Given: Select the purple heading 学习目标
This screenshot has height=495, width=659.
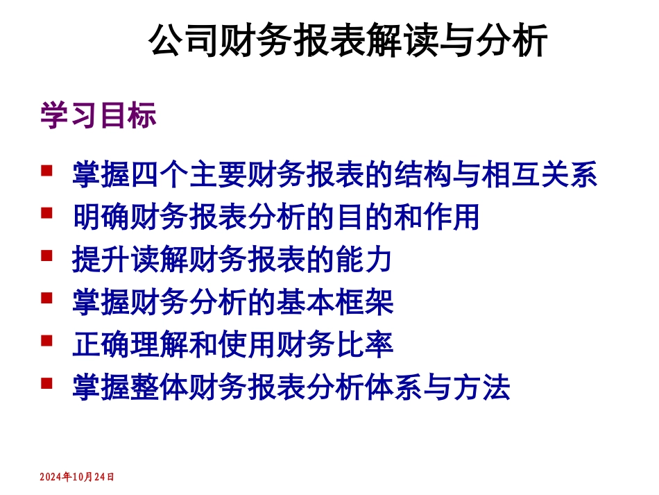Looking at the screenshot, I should [98, 116].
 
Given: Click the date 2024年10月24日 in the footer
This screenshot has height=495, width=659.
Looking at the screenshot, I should [76, 477].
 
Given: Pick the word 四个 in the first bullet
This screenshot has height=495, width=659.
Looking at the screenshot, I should [160, 174].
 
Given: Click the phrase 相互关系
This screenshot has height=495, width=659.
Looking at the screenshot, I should [539, 174].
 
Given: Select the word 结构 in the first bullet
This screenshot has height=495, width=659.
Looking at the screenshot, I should [422, 174].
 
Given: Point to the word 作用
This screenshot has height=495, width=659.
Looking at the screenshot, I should [452, 217].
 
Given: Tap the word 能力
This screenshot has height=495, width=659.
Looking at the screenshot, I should [364, 260].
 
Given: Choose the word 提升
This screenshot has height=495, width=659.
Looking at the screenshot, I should [102, 260].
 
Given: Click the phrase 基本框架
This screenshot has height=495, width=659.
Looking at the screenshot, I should [335, 303].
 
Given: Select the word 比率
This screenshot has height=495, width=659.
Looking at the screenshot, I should [364, 345].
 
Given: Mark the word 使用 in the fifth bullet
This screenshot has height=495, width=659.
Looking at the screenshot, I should [248, 345].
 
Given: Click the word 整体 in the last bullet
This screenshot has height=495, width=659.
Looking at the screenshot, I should [160, 388].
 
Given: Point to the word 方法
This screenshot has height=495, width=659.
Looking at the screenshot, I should [481, 388].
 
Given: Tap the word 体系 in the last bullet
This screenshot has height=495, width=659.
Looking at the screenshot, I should [393, 388].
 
